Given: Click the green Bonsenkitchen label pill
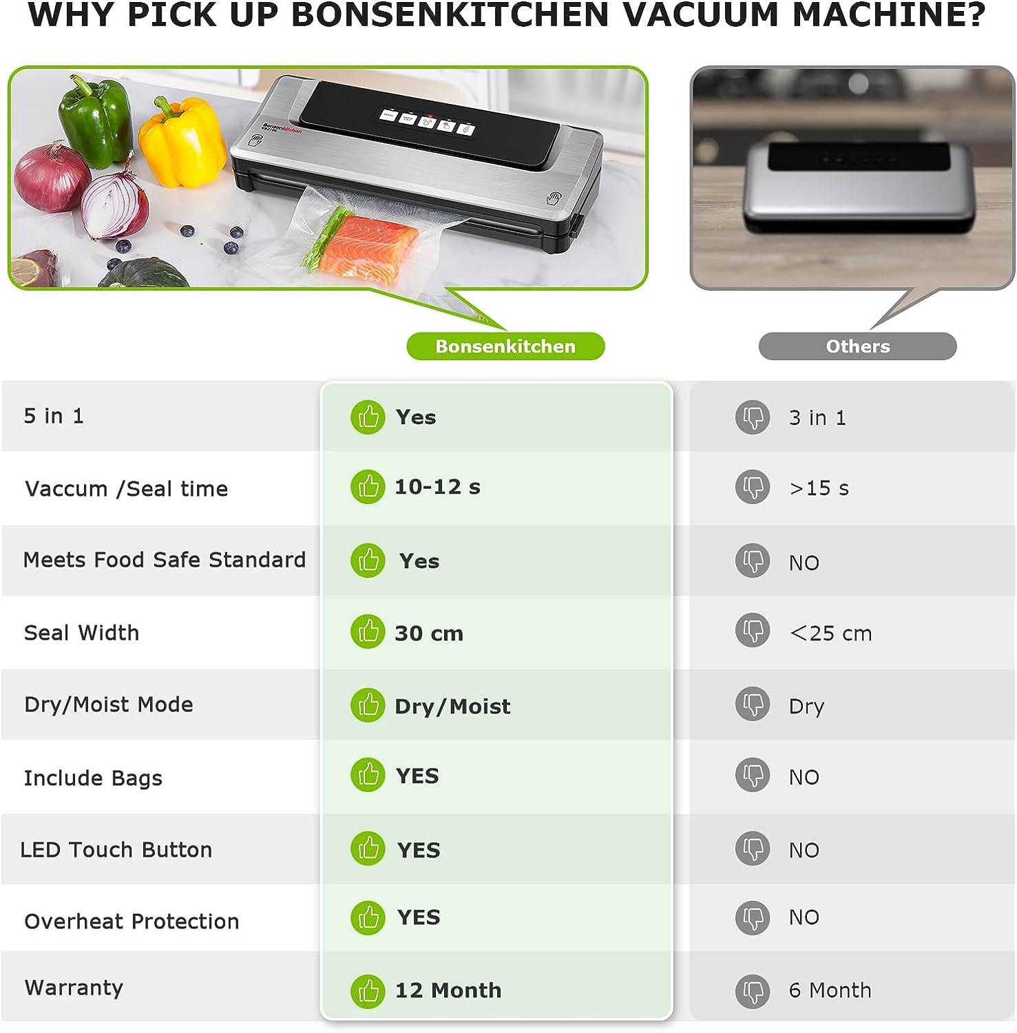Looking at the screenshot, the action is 505,346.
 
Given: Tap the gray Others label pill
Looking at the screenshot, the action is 857,346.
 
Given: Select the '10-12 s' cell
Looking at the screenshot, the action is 437,487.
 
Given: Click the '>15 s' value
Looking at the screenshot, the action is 819,488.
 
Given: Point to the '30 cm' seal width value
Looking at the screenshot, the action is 429,634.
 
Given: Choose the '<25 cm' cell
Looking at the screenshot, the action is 830,634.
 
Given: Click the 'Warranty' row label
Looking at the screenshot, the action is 74,988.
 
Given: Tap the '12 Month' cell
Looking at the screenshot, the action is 448,990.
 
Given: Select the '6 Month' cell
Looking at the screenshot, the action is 830,990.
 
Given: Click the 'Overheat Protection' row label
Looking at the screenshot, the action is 132,921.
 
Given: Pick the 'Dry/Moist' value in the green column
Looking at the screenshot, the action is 452,707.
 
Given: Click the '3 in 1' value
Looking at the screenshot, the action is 817,418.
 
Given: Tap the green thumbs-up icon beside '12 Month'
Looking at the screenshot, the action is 368,991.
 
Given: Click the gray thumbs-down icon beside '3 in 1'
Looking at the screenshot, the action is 753,417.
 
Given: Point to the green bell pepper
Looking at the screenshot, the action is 96,121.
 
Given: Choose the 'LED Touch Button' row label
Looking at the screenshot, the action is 116,850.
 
